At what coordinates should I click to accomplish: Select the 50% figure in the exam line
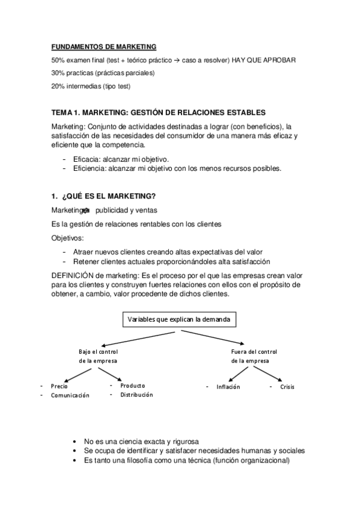pyautogui.click(x=58, y=61)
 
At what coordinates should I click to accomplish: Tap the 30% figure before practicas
pyautogui.click(x=58, y=73)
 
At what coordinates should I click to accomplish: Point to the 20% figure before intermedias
pyautogui.click(x=58, y=86)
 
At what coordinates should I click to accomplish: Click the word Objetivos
pyautogui.click(x=69, y=238)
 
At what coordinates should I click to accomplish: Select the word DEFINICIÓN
pyautogui.click(x=73, y=275)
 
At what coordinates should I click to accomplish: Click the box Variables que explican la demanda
pyautogui.click(x=178, y=319)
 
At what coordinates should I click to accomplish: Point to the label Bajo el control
pyautogui.click(x=98, y=351)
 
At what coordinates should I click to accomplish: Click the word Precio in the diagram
pyautogui.click(x=59, y=386)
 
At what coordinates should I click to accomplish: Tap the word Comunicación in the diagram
pyautogui.click(x=70, y=395)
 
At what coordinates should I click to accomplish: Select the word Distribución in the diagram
pyautogui.click(x=136, y=395)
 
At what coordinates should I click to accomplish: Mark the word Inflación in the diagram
pyautogui.click(x=228, y=387)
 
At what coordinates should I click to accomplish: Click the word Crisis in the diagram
pyautogui.click(x=287, y=387)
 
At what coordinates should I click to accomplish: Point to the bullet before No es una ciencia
pyautogui.click(x=74, y=441)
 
